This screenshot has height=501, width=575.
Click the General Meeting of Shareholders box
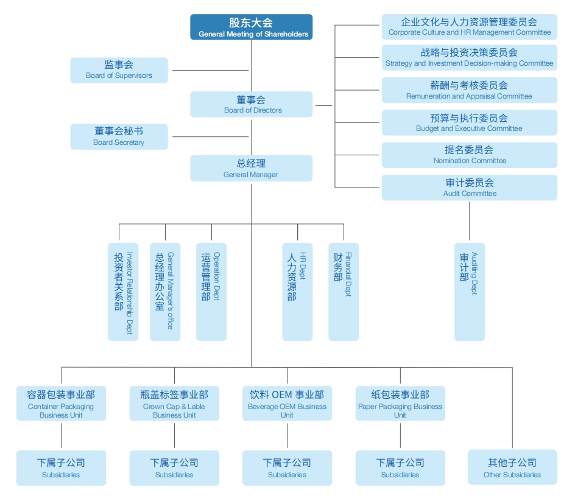(251, 27)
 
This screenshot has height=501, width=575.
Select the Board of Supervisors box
(119, 70)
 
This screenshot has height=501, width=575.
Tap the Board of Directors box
(251, 104)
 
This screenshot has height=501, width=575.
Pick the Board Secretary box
(119, 136)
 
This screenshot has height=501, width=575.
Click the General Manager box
(251, 168)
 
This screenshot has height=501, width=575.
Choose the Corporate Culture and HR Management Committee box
(469, 27)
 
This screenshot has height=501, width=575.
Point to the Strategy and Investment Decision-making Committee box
(469, 57)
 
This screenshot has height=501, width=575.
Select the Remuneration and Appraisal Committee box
(469, 90)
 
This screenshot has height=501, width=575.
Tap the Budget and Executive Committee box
(469, 122)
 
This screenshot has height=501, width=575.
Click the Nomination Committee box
(469, 155)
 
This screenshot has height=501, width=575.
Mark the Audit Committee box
(469, 187)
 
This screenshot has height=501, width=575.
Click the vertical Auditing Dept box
(469, 292)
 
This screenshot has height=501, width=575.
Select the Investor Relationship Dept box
(123, 292)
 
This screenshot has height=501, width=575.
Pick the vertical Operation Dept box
(211, 292)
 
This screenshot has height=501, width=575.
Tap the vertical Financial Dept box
(344, 292)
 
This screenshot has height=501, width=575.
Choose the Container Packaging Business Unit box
(61, 403)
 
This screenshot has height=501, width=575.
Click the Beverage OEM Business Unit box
(287, 403)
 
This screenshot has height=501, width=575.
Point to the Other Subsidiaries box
(512, 468)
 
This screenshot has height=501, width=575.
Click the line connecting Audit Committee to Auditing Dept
(470, 222)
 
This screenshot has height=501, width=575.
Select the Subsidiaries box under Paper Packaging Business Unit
(400, 468)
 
